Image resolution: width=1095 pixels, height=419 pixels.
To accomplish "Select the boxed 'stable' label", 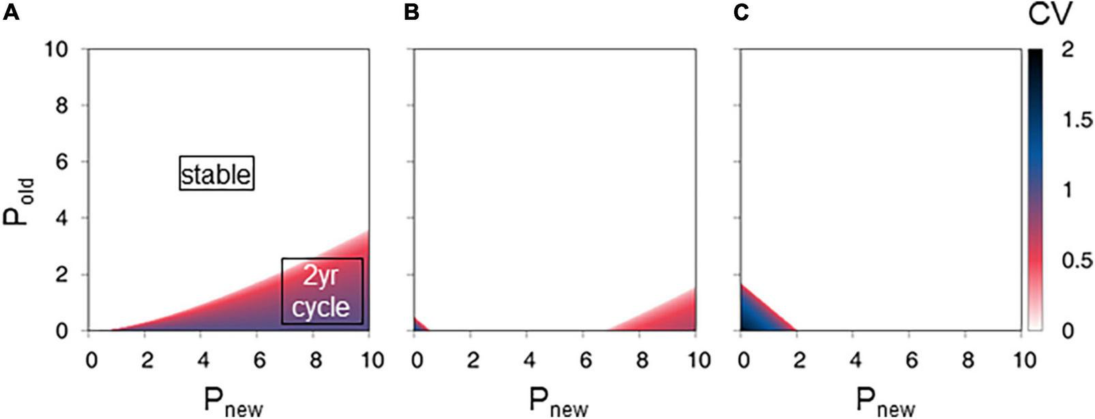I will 216,174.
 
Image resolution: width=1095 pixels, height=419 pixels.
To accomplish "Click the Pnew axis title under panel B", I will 559,401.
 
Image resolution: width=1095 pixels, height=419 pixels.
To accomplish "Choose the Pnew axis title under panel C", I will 885,401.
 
